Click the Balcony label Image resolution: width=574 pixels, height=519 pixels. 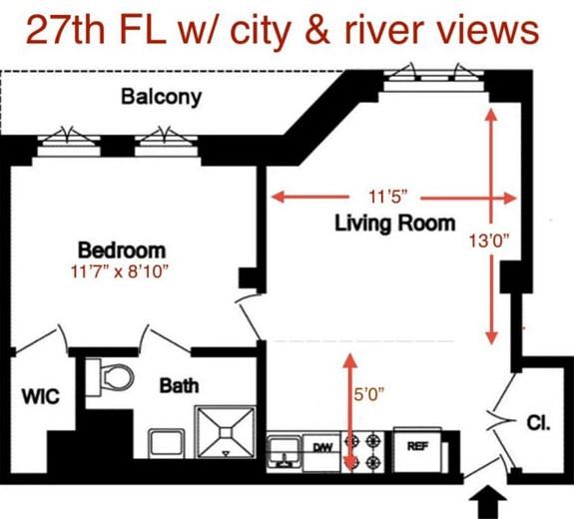pos(161,97)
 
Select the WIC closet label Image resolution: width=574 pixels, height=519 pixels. pos(40,397)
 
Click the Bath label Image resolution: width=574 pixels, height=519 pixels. pos(179,384)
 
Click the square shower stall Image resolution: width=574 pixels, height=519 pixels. pos(227,432)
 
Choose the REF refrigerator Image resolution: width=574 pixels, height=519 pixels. pos(417,447)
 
